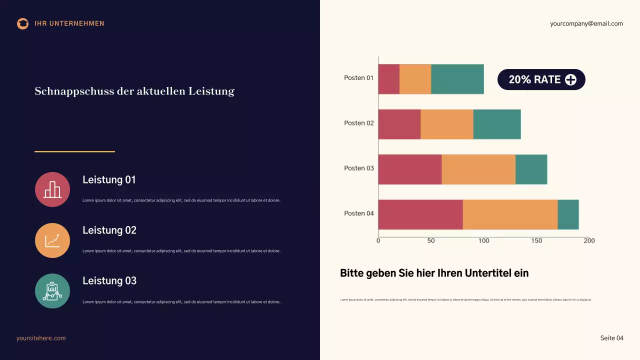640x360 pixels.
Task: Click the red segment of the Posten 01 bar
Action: point(388,79)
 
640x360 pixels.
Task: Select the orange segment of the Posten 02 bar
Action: point(446,124)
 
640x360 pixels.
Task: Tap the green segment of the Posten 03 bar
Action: point(531,169)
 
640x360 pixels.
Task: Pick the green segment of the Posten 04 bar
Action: point(568,214)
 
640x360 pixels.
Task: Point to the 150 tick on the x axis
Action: point(536,240)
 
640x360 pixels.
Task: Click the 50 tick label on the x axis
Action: point(431,240)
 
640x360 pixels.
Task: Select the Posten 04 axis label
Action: point(358,213)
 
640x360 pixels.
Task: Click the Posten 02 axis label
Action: point(358,123)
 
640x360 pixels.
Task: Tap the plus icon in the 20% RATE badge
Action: point(570,79)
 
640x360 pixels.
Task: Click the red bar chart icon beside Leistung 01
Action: point(52,189)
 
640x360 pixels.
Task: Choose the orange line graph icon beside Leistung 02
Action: point(52,240)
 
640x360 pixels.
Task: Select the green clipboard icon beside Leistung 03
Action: point(52,291)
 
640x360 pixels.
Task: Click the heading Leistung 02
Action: point(109,230)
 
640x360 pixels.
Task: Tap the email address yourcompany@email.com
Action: point(586,23)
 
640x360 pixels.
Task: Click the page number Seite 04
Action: point(611,338)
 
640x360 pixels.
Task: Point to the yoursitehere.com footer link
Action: point(41,338)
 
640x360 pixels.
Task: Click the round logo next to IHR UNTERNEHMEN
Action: point(22,23)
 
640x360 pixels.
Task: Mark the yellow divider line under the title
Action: point(74,151)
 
